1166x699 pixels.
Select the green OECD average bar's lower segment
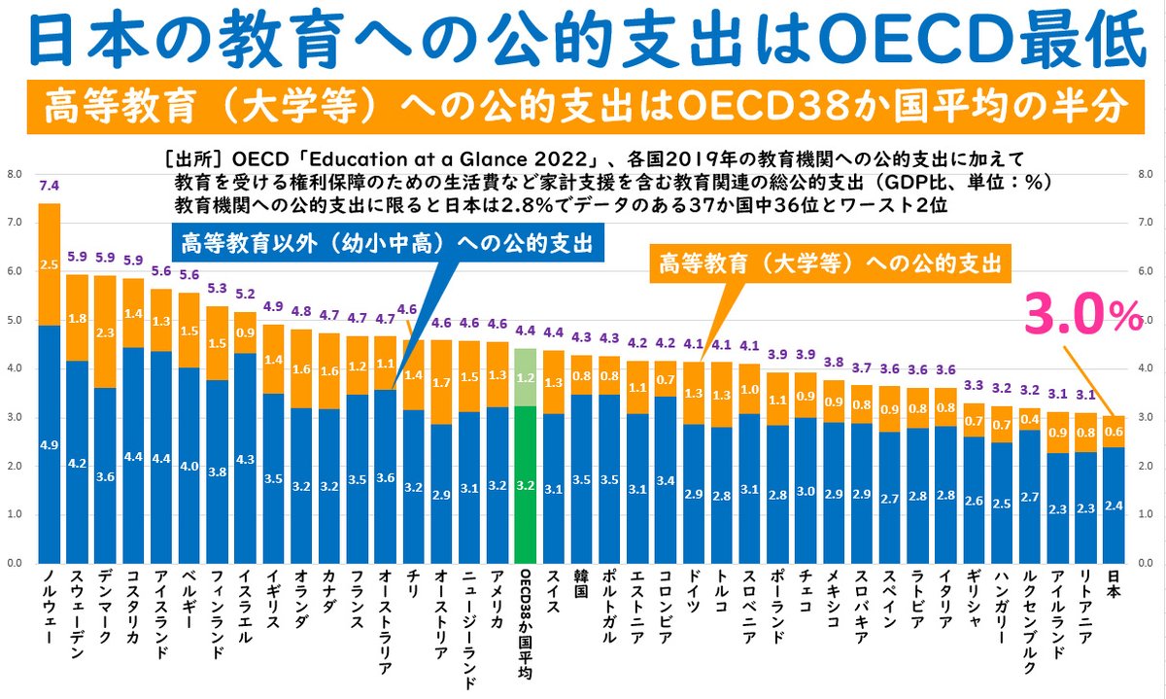[525, 486]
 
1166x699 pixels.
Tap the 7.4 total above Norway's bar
[49, 185]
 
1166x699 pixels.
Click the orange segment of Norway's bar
[49, 262]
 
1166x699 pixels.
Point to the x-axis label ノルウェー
[49, 612]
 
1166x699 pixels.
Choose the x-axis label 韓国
[581, 588]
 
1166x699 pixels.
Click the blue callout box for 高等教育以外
[386, 242]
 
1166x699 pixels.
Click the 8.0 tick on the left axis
[15, 175]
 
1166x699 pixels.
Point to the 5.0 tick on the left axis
[15, 321]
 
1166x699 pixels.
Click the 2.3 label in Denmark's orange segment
[105, 331]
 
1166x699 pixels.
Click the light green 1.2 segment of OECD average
[525, 377]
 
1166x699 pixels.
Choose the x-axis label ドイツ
[693, 593]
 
